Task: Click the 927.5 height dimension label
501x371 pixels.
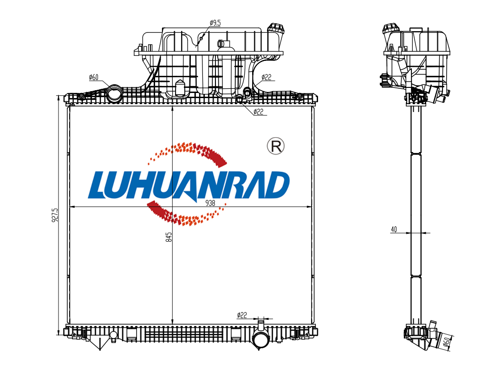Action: (55, 215)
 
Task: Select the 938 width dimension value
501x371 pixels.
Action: (210, 203)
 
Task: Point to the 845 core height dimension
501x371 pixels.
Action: (169, 237)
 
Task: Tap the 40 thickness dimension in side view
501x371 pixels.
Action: (394, 229)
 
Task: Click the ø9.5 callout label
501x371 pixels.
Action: (215, 23)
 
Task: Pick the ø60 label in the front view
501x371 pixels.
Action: (94, 77)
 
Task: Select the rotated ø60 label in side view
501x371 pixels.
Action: (447, 341)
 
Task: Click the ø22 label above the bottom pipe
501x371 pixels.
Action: (242, 315)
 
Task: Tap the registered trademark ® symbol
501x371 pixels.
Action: (275, 146)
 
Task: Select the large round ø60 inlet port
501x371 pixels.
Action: (114, 94)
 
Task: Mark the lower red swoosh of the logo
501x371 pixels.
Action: (185, 213)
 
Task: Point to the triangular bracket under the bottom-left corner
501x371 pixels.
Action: (99, 343)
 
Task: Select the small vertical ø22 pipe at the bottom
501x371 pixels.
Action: (261, 325)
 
